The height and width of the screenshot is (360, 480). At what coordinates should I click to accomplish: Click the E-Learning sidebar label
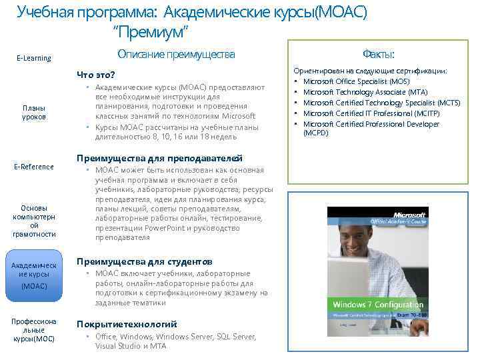33,58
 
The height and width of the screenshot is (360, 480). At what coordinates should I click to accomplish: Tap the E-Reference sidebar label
34,167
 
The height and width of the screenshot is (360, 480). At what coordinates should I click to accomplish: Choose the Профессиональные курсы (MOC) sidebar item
34,330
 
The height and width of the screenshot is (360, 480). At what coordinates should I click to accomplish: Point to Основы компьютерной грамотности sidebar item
34,220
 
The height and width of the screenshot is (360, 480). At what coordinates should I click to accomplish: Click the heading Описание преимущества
176,54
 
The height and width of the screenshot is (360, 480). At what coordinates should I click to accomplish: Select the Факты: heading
378,54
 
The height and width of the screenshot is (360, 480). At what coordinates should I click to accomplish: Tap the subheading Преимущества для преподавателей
159,158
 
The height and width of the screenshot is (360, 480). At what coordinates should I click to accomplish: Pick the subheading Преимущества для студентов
145,261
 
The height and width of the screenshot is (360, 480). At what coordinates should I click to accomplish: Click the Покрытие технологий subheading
127,323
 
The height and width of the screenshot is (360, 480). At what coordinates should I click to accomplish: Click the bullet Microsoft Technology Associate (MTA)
365,92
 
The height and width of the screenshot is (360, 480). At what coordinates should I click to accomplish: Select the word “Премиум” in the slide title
152,32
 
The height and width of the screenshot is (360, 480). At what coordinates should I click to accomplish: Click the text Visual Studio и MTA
131,346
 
